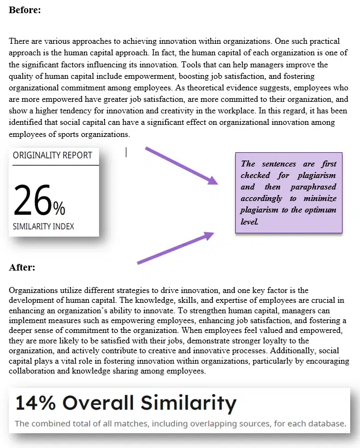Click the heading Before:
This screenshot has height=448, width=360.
(25, 9)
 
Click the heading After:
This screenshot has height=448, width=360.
(22, 267)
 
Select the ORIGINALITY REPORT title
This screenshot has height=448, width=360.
(53, 156)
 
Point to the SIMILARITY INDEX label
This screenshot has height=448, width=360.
(43, 226)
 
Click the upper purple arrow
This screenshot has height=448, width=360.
(181, 165)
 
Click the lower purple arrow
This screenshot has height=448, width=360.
(175, 248)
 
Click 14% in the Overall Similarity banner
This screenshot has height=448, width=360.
(34, 403)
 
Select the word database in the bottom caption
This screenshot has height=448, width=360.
(327, 423)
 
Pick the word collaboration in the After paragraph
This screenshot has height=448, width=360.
(32, 371)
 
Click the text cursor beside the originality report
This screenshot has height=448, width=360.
(126, 152)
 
